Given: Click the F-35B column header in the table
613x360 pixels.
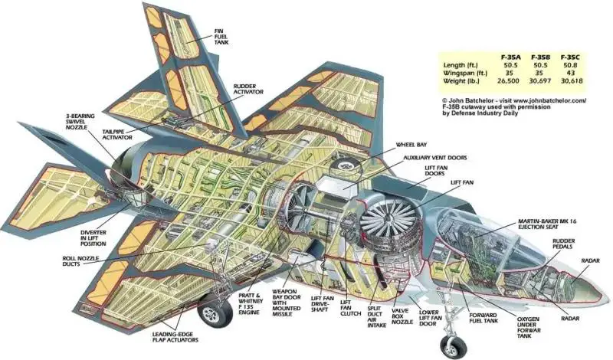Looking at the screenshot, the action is click(x=540, y=57).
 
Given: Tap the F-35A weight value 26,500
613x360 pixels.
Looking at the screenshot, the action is click(x=508, y=81).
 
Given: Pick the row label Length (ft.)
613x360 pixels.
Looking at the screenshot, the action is click(x=461, y=65).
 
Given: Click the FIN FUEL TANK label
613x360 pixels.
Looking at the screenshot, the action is click(x=221, y=36).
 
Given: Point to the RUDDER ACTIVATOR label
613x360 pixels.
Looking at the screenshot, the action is click(x=248, y=89).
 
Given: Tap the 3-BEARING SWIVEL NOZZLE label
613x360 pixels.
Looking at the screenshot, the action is click(x=80, y=122).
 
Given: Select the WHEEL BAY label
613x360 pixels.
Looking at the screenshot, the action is click(x=411, y=145).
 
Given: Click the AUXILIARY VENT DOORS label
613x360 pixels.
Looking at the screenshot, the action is click(x=435, y=158).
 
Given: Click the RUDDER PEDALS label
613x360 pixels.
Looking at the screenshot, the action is click(x=563, y=244).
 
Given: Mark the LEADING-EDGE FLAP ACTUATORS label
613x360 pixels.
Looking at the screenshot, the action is click(x=175, y=337).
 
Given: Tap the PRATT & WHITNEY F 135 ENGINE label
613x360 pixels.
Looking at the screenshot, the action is click(x=249, y=304).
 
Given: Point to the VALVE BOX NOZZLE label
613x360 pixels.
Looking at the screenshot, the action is click(x=402, y=316).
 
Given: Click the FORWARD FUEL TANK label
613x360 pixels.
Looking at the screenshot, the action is click(x=484, y=318).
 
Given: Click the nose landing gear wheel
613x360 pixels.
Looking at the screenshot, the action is click(x=454, y=346).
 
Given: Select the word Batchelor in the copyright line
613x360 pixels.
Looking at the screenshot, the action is click(x=477, y=100).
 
